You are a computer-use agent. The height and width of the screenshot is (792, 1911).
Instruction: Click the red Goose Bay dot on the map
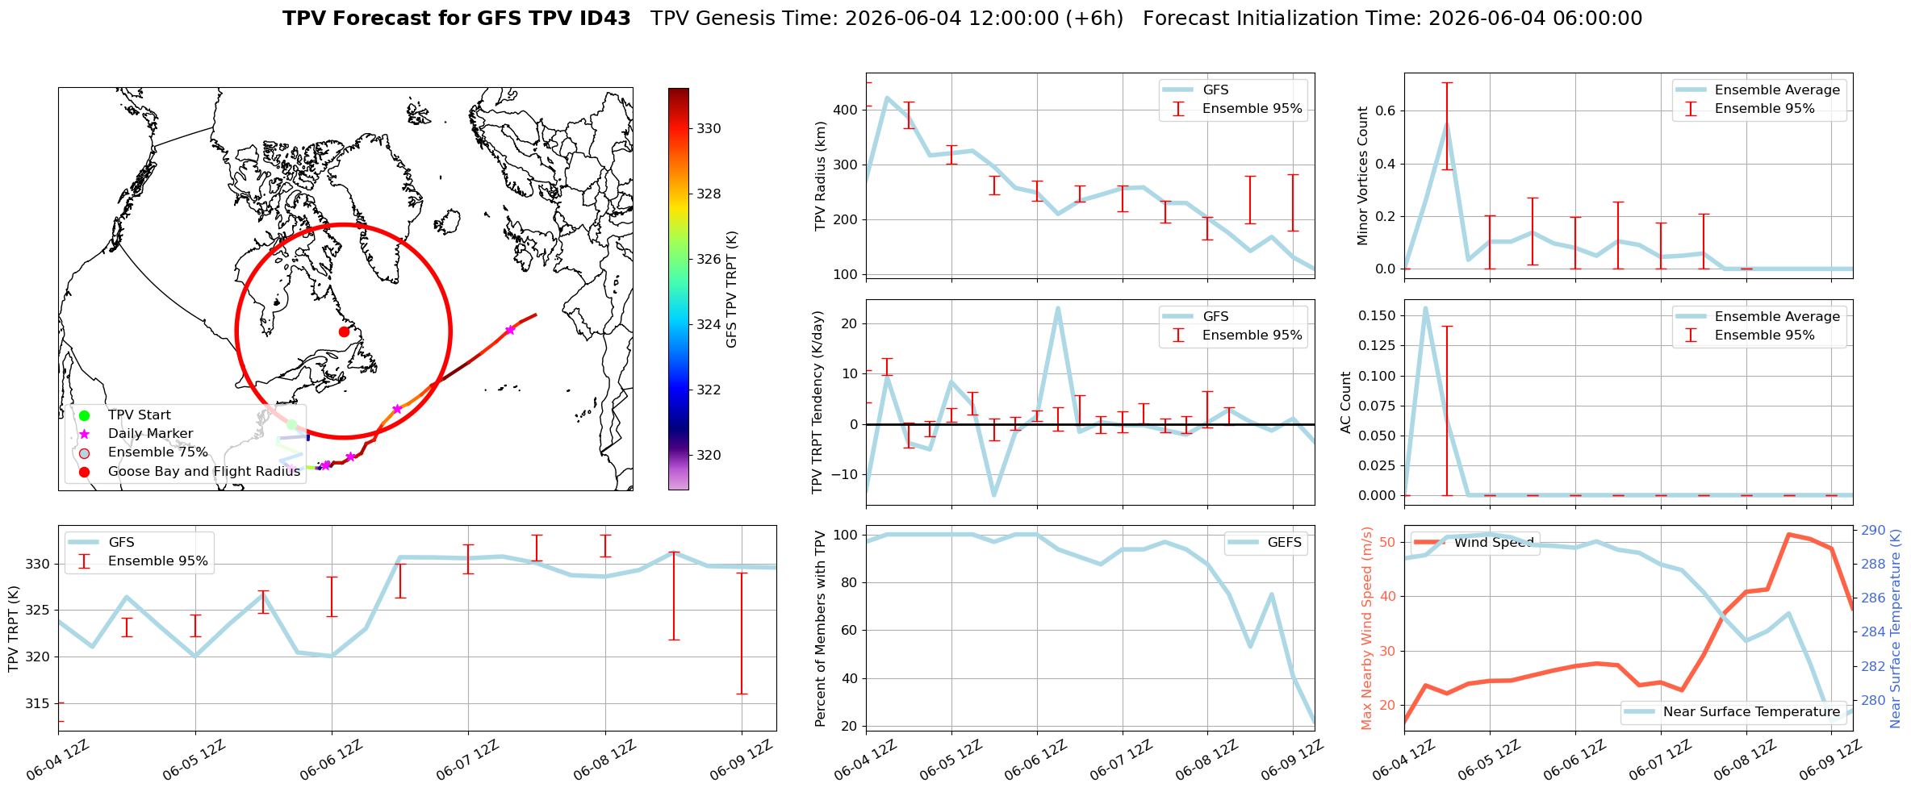344,331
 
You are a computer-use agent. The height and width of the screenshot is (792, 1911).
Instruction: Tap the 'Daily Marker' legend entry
132,434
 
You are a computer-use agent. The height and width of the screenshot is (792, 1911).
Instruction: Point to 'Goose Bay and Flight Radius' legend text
204,471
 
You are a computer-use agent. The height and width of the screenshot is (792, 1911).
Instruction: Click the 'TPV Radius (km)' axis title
821,176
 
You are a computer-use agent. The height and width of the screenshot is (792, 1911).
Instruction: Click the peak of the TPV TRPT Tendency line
1058,307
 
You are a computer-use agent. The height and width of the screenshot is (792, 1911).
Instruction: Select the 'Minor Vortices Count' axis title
1363,176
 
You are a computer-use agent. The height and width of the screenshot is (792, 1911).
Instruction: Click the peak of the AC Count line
1425,307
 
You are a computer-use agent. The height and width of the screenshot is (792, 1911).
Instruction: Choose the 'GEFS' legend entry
1264,543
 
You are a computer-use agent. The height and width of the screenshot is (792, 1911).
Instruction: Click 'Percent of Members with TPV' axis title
821,628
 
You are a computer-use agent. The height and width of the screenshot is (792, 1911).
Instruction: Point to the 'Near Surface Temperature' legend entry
1733,711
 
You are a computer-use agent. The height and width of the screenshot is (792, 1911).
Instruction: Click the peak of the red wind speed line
1788,534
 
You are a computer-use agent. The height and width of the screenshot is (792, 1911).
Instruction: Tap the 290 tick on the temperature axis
1873,531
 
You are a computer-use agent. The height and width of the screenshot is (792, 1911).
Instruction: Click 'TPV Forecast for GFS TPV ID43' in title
457,19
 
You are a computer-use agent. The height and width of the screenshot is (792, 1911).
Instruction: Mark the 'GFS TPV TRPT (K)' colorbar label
732,290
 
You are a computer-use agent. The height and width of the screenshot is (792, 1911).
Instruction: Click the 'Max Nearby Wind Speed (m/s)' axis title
1367,628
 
